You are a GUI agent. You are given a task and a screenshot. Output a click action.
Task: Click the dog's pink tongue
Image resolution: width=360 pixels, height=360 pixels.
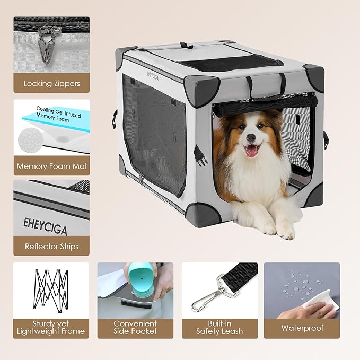[x=251, y=150]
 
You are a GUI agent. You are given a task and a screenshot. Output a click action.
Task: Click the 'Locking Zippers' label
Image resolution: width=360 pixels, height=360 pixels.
[x=51, y=83]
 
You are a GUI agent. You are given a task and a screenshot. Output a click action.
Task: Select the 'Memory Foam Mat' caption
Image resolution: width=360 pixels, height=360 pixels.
[x=51, y=166]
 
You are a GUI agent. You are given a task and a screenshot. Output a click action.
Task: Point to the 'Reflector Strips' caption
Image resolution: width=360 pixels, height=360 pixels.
[x=51, y=247]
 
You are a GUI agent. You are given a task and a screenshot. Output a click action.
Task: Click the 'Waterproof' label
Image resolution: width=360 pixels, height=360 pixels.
[x=302, y=328]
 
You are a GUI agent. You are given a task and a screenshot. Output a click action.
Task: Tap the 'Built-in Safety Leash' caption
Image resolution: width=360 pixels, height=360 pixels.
[x=219, y=327]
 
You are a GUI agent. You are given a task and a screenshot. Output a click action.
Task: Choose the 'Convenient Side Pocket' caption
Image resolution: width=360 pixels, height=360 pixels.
[x=135, y=327]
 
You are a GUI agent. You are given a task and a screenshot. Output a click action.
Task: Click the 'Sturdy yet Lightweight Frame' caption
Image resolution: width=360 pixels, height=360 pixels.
[x=51, y=327]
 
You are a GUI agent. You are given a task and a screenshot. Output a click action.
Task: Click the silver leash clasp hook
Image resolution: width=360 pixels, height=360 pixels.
[x=205, y=296]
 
